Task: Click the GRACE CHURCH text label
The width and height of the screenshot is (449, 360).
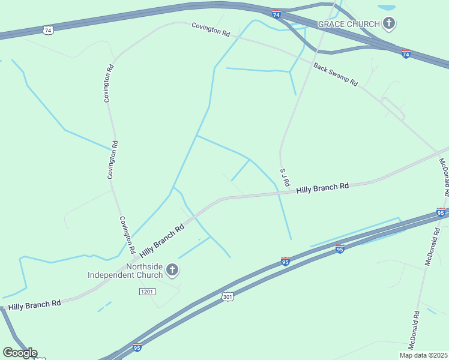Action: (349, 24)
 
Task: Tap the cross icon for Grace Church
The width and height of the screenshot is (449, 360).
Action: (389, 24)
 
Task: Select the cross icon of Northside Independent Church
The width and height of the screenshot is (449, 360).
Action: (172, 270)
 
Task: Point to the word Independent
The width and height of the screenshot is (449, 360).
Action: (125, 275)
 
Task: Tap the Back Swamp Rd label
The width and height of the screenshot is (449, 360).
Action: (336, 75)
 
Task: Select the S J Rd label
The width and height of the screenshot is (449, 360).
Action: (285, 176)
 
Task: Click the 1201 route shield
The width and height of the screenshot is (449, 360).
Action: (147, 291)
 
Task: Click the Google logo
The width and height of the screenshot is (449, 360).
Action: (20, 353)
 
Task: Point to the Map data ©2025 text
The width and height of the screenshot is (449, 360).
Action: (424, 355)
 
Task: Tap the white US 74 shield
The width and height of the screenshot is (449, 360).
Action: (48, 29)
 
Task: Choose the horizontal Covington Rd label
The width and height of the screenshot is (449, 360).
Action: (211, 30)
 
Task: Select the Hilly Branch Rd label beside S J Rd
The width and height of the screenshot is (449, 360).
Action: (322, 188)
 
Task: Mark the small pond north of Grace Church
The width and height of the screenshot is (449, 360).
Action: (386, 8)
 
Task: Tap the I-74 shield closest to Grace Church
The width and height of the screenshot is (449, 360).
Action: (406, 54)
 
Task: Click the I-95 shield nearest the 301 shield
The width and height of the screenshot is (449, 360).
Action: (286, 262)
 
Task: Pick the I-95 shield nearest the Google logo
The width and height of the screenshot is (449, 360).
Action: (137, 347)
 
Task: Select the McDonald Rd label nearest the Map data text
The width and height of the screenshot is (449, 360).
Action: (413, 331)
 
